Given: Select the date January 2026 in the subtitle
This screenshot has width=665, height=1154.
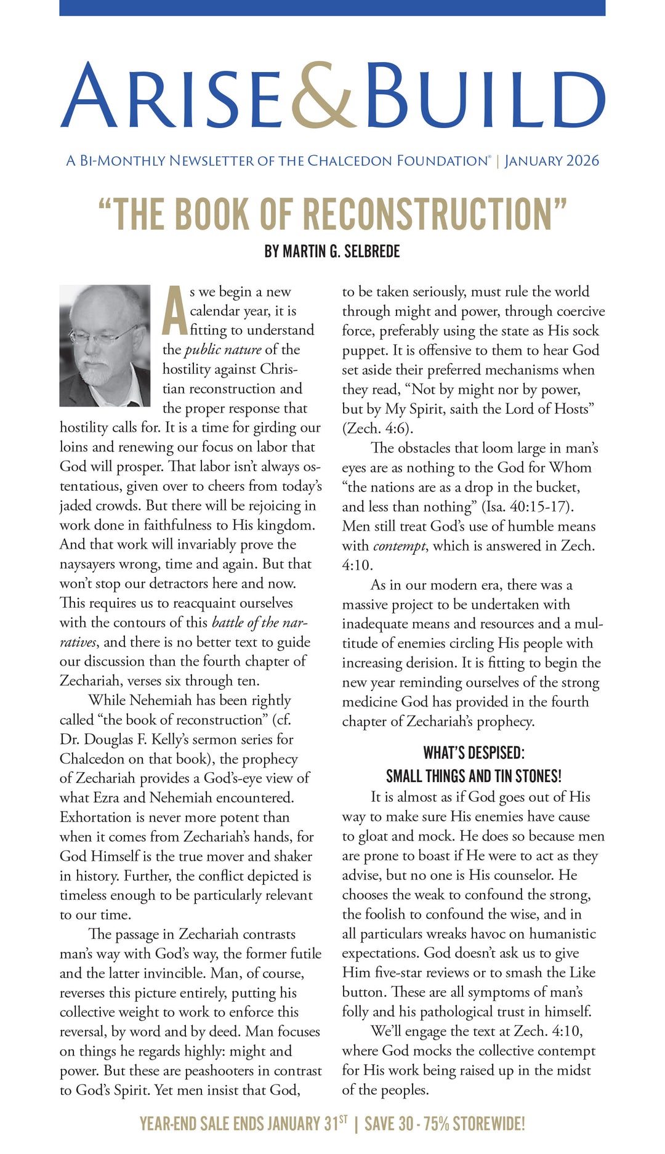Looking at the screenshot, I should click(x=552, y=161).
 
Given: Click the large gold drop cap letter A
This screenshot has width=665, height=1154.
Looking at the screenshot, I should click(x=174, y=312).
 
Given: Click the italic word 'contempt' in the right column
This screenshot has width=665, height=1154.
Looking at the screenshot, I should click(x=400, y=546).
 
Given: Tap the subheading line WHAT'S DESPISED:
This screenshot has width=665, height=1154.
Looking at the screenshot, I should click(x=474, y=753).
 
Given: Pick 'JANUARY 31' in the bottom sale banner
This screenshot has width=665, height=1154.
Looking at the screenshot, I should click(x=301, y=1124).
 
